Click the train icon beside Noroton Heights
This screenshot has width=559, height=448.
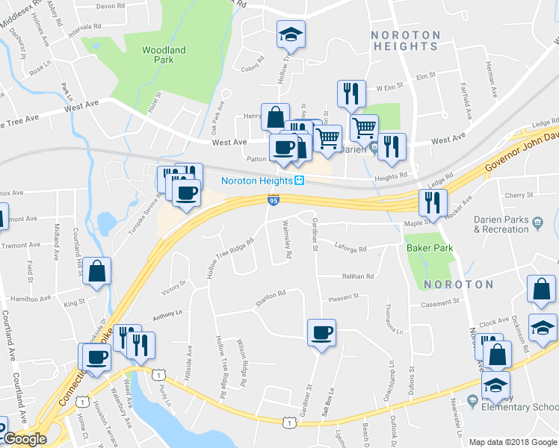[299, 180]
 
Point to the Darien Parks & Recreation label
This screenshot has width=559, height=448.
[510, 225]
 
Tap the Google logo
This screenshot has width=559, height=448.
[25, 439]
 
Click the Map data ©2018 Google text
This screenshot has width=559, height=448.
[512, 442]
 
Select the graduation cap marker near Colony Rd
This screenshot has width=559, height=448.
[291, 35]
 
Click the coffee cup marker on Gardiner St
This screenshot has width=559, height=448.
[321, 333]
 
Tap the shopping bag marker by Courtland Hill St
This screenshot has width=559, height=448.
[97, 272]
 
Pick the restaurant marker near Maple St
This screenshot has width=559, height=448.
[433, 202]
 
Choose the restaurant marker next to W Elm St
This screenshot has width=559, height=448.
[351, 94]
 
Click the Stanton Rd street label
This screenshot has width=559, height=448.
[271, 295]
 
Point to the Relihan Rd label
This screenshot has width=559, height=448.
[358, 276]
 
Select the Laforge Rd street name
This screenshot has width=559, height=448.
[350, 249]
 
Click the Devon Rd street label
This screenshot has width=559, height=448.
[110, 6]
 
